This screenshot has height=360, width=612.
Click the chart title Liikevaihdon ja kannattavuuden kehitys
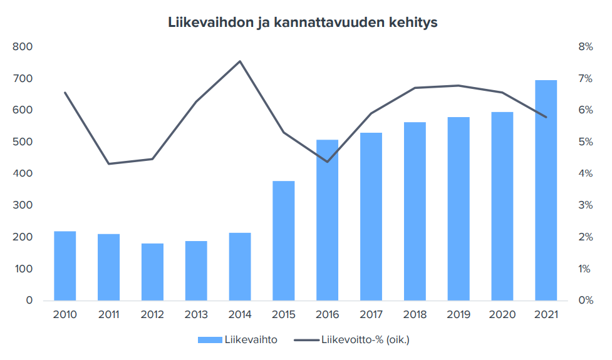coord(303,23)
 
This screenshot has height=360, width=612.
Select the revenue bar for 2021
coord(546,190)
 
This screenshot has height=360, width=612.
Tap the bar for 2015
coord(284,241)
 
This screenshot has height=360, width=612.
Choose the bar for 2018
coord(415,212)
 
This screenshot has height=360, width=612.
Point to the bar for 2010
coord(65,266)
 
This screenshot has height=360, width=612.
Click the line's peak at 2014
coord(240,61)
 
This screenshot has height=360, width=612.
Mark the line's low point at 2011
coord(109,164)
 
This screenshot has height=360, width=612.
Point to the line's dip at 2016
coord(327,162)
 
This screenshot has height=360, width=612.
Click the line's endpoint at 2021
coord(546,117)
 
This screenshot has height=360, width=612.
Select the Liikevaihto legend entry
coord(237,340)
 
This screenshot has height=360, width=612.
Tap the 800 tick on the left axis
coord(22,47)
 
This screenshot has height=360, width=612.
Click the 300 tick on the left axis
coord(22,205)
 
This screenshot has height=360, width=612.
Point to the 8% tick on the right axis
coord(585,47)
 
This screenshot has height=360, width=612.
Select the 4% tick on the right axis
coord(585,173)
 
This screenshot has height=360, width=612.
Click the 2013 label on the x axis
coord(196,314)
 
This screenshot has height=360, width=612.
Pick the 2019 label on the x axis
coord(459,314)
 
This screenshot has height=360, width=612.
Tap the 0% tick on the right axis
coord(585,301)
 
